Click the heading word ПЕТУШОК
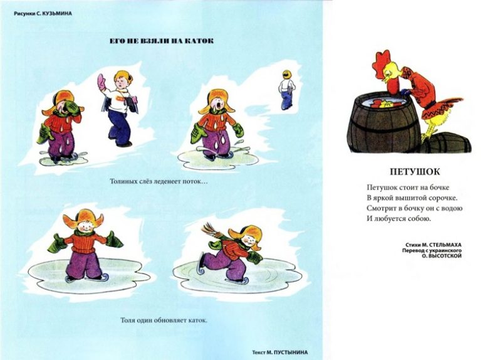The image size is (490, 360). tap(415, 172)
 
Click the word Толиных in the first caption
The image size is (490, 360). tap(122, 181)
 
